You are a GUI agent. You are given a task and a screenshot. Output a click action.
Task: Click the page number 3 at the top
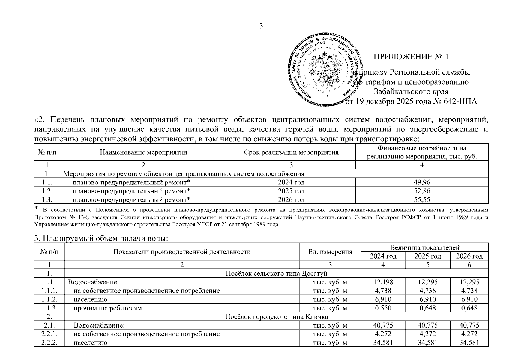click(x=261, y=26)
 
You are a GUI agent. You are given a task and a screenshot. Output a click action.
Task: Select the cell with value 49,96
click(x=422, y=182)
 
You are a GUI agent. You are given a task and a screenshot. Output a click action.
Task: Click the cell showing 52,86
click(x=422, y=191)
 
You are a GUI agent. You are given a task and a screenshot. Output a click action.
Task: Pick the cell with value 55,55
click(x=422, y=200)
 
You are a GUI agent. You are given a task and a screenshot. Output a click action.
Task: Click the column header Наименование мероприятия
click(x=143, y=152)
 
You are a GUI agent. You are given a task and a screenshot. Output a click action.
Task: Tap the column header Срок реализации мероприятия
click(x=291, y=152)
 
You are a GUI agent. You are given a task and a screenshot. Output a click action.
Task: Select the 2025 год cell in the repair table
click(x=291, y=191)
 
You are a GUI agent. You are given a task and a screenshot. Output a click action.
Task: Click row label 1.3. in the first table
click(x=47, y=200)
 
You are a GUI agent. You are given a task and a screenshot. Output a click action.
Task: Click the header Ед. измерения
click(x=330, y=252)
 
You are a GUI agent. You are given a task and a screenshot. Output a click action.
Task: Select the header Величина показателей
click(x=425, y=247)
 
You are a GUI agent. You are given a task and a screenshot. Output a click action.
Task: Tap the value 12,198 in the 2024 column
click(x=383, y=282)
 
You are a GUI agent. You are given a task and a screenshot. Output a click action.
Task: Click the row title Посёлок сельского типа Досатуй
click(x=276, y=274)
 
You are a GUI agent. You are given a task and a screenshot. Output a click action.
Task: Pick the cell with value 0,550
click(x=383, y=308)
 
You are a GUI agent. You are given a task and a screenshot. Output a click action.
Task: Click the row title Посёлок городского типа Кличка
click(x=276, y=317)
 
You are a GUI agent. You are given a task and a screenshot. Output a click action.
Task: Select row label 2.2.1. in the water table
click(x=49, y=334)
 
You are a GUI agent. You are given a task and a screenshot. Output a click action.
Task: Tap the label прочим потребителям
click(x=108, y=308)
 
